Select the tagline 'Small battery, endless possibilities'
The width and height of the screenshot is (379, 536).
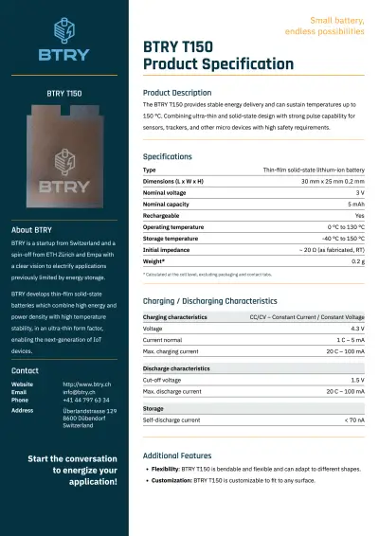323,26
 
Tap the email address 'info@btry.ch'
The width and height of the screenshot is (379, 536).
81,392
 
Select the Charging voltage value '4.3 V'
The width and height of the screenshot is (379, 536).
356,328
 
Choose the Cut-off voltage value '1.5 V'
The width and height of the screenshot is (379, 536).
356,380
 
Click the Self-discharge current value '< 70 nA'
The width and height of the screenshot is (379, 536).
353,420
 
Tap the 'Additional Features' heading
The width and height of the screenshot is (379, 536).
176,456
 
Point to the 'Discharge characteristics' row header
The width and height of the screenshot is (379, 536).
176,368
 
